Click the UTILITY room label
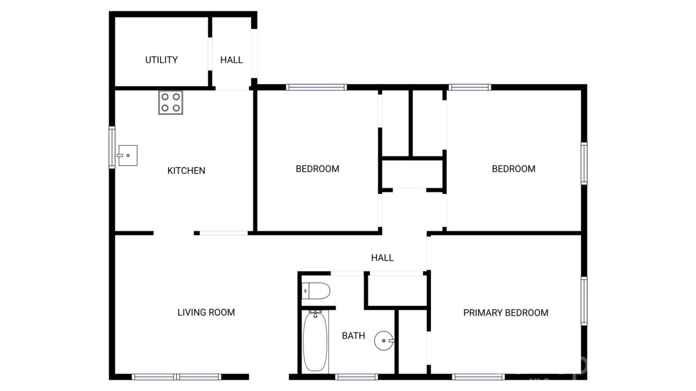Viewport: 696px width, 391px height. pos(161,60)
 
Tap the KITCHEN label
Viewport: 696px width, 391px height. pos(186,171)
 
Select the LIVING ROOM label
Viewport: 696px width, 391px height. pos(206,312)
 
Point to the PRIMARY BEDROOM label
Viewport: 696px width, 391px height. pos(506,313)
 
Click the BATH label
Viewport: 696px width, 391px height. pos(353,336)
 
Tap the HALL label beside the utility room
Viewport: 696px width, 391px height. pos(231,60)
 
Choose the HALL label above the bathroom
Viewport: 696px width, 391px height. pos(382,258)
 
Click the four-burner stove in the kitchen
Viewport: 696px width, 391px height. pos(171,103)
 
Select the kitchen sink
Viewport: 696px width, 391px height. pos(127,155)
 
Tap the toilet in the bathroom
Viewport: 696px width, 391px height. pos(316,291)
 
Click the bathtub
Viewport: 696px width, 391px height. pos(315,342)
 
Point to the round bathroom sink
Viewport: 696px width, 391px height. pos(384,341)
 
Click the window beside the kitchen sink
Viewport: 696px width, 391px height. pos(111,147)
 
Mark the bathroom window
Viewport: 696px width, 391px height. pos(356,377)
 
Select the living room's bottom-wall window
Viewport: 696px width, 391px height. pos(176,377)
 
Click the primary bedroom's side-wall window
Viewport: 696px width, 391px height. pos(584,301)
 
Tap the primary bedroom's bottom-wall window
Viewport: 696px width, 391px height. pos(478,377)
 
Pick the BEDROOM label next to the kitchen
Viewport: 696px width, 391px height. pos(317,169)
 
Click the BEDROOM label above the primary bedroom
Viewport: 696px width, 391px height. pos(514,169)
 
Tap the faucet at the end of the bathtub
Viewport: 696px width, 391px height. pos(315,313)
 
